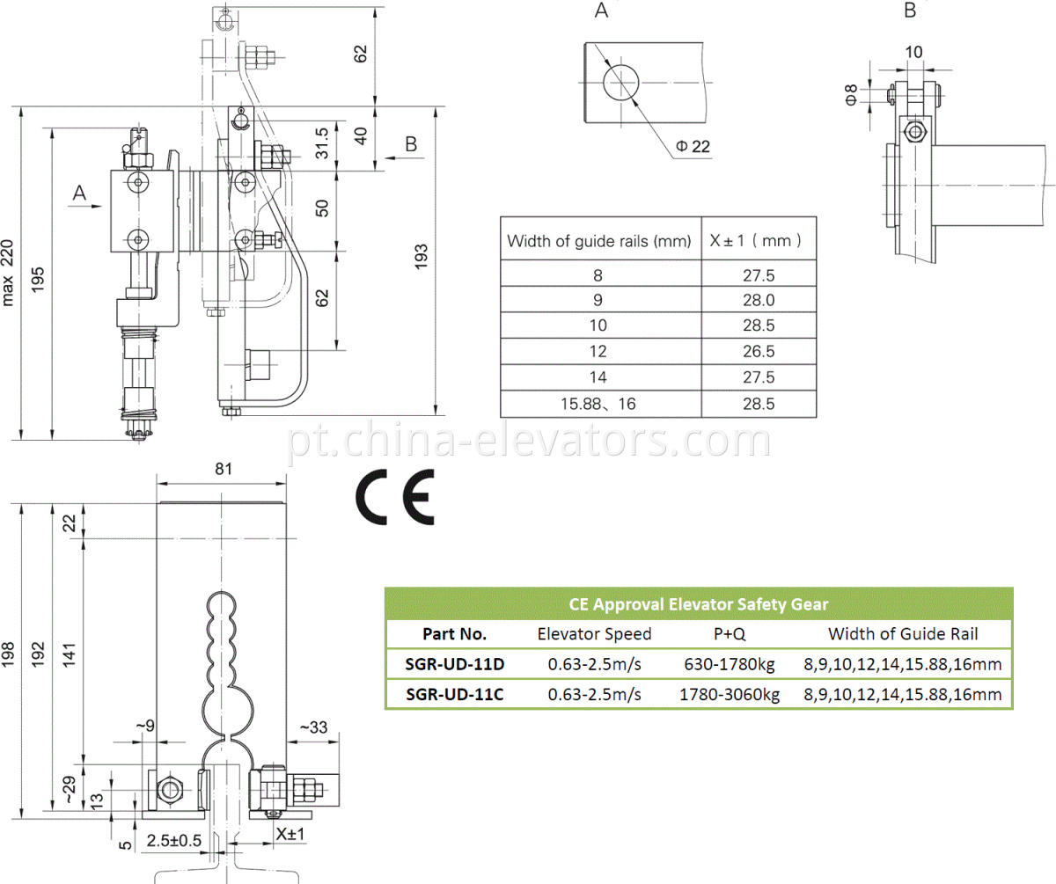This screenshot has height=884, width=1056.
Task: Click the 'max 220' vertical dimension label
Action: tap(9, 274)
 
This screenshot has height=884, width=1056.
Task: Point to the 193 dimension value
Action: tap(422, 260)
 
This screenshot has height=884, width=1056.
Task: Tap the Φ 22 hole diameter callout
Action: tap(693, 146)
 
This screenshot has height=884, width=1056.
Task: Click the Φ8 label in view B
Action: tap(851, 95)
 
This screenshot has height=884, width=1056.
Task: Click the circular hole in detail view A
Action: tap(623, 83)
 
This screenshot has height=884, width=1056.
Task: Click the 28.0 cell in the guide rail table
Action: tap(758, 300)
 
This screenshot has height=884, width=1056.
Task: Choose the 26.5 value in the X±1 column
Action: tap(758, 351)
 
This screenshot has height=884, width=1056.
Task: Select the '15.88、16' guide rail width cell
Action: tap(598, 404)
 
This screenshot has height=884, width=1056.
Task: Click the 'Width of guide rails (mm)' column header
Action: tap(598, 240)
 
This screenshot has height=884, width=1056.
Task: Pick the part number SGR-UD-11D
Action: tap(455, 663)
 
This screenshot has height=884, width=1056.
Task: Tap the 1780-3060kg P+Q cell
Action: tap(730, 694)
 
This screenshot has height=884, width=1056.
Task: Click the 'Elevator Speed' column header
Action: tap(594, 633)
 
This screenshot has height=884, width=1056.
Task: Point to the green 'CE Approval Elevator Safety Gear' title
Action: tap(698, 603)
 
